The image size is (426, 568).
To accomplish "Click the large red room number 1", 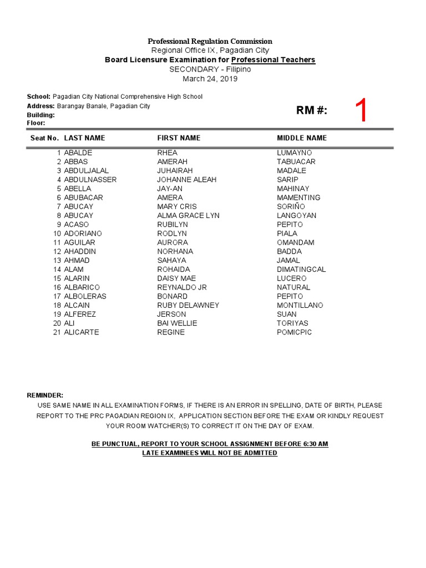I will (x=361, y=111).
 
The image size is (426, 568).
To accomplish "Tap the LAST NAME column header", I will (x=84, y=138).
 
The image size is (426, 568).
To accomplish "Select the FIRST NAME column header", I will (x=179, y=138).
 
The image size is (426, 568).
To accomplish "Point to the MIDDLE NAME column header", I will (x=302, y=138).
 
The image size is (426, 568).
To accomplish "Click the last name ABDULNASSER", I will (x=90, y=180).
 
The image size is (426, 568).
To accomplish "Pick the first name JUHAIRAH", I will (x=175, y=171).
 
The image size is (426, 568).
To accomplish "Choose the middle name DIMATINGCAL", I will (x=301, y=270).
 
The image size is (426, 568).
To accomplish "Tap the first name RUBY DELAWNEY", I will (x=188, y=305).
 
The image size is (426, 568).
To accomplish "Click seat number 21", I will (x=57, y=332).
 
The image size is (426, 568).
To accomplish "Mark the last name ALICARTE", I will (x=82, y=332).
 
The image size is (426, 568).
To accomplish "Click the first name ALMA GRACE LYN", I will (x=188, y=215).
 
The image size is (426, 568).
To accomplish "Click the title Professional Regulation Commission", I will (x=210, y=42).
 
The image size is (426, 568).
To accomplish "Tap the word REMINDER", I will (x=45, y=395).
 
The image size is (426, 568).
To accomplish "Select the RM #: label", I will (x=312, y=110).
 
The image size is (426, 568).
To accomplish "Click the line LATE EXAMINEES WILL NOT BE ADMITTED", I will (x=210, y=453).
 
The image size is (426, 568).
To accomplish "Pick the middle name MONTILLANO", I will (x=300, y=305).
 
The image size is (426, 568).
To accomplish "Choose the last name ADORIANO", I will (x=83, y=234).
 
